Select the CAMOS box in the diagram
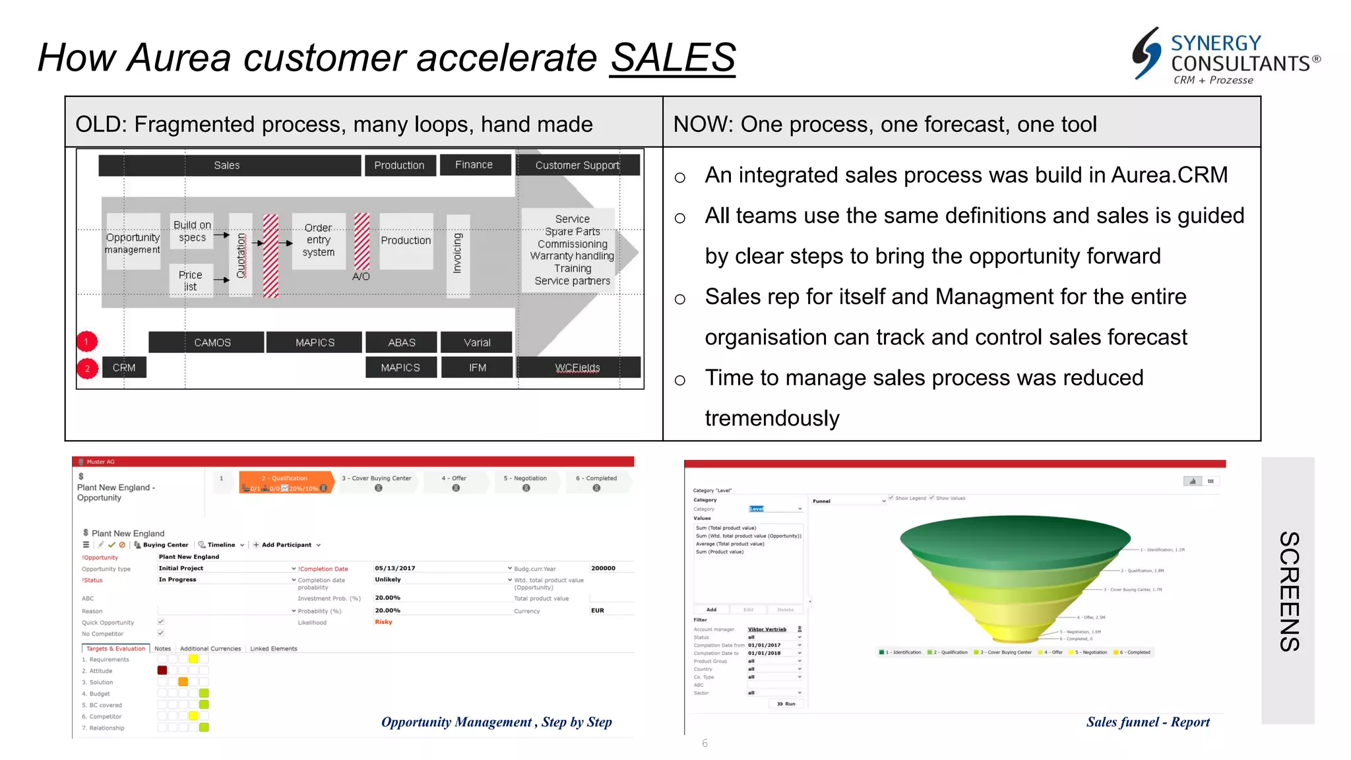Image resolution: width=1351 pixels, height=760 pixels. tap(212, 342)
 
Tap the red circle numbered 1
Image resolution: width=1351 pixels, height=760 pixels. tap(86, 341)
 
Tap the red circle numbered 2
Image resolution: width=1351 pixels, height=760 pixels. tap(87, 368)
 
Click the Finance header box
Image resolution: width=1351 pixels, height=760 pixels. tap(474, 165)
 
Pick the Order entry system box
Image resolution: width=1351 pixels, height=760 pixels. tap(319, 240)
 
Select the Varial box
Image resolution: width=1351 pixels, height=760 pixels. tap(476, 342)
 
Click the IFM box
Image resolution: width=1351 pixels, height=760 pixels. tap(477, 367)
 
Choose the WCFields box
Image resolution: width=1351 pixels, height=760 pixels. tap(577, 367)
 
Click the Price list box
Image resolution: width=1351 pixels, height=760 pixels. tap(191, 280)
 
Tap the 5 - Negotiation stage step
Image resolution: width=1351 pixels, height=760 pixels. tap(525, 482)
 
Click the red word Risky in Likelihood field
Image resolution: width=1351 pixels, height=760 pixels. tap(383, 622)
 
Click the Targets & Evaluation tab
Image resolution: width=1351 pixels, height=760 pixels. tap(115, 649)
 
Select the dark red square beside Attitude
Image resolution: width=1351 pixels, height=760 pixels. tap(162, 670)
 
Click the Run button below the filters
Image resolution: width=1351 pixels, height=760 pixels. tap(786, 704)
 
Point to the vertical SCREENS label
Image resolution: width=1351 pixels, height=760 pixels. tap(1288, 591)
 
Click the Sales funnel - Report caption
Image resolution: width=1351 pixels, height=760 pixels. tap(1148, 722)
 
